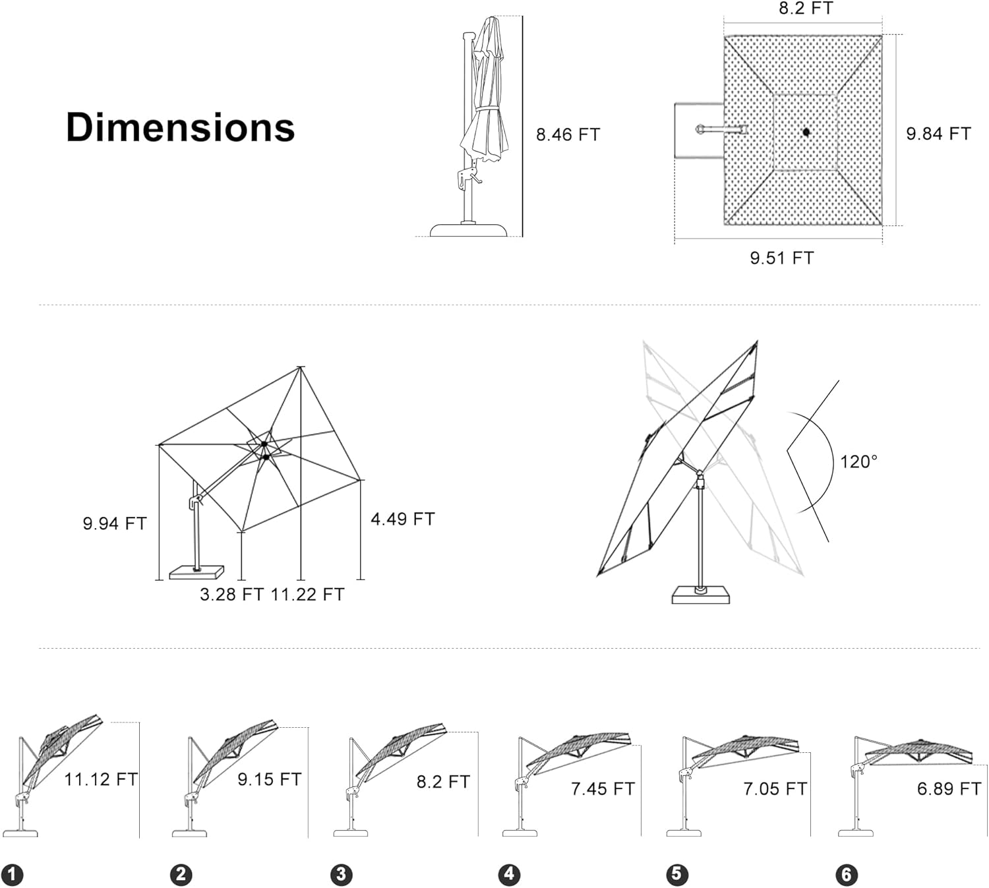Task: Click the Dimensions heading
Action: [x=180, y=127]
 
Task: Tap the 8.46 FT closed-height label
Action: [x=568, y=134]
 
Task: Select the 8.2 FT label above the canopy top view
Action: [x=805, y=9]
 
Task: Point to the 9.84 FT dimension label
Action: [x=938, y=134]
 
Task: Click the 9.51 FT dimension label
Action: [x=781, y=258]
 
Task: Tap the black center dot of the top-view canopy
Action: [x=806, y=133]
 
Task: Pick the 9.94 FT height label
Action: [x=115, y=523]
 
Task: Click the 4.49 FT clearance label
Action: [x=402, y=519]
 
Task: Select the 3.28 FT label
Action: [x=231, y=595]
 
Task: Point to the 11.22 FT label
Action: [x=307, y=595]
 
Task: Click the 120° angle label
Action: [x=858, y=461]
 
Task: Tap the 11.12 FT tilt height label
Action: [x=101, y=779]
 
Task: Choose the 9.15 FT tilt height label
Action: [x=269, y=779]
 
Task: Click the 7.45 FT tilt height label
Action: [x=603, y=788]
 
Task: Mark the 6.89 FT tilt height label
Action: [x=949, y=788]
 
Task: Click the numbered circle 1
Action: [x=12, y=875]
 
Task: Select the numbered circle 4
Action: [x=509, y=875]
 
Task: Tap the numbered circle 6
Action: [x=847, y=875]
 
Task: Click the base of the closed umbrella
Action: [x=469, y=229]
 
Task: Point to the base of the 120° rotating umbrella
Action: [x=701, y=595]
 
